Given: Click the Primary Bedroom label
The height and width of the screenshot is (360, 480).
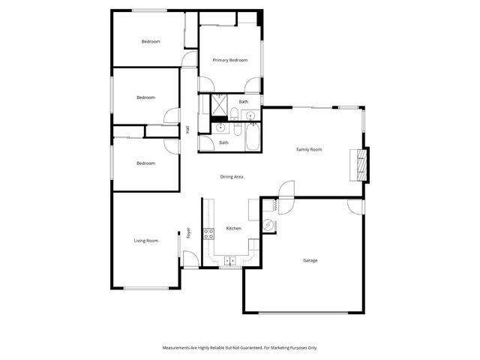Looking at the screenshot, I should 229,60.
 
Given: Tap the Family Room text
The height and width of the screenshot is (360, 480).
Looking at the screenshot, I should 309,150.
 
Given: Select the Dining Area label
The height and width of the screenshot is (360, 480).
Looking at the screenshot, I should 232,177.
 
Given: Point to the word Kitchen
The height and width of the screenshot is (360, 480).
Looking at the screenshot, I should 233,229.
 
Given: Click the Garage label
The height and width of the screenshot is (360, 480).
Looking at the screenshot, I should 310,260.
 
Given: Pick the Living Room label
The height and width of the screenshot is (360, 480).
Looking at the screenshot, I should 146,241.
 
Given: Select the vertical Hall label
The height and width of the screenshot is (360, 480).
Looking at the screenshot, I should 187,130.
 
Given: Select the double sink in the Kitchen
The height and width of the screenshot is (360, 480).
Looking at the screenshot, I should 229,261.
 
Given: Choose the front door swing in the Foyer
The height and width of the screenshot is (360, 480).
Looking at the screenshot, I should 190,259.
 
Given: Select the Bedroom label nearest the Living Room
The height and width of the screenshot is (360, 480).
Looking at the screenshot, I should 145,163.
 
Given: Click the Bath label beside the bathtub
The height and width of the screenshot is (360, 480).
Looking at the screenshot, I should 223,142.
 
